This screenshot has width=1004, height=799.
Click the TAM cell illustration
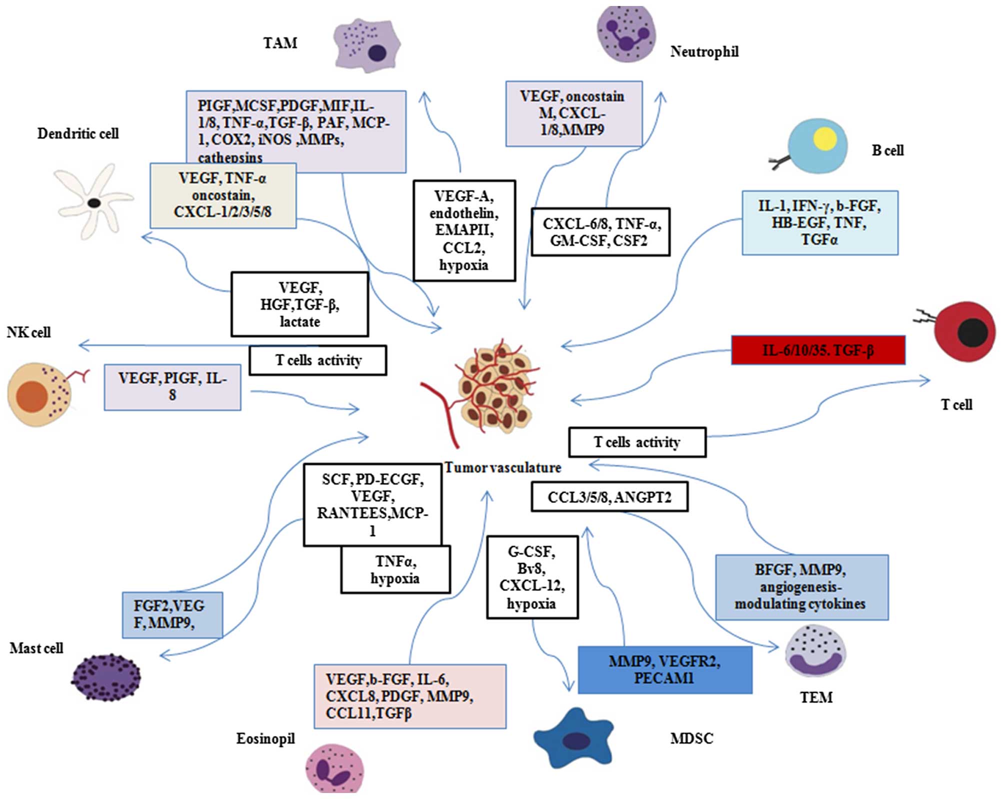(366, 45)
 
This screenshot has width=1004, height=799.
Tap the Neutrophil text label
(704, 51)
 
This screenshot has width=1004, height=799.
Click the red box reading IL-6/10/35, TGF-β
(818, 350)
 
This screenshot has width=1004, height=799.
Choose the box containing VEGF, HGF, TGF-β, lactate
(299, 304)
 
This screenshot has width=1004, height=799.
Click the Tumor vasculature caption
(502, 468)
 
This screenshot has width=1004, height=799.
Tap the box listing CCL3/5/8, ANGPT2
(609, 497)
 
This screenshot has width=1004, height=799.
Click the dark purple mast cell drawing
(105, 678)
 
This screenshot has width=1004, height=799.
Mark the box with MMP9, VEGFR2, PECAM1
(664, 670)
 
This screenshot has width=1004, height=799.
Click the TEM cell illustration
(815, 651)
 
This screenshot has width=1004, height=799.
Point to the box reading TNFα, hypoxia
(395, 570)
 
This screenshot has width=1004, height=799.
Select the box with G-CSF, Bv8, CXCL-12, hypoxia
(532, 578)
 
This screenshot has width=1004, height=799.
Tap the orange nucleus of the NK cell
(32, 396)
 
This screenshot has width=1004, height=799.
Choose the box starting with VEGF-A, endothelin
(464, 230)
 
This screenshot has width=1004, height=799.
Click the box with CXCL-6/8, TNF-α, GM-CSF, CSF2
(600, 232)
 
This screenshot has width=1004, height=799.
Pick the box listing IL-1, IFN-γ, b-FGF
(819, 223)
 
